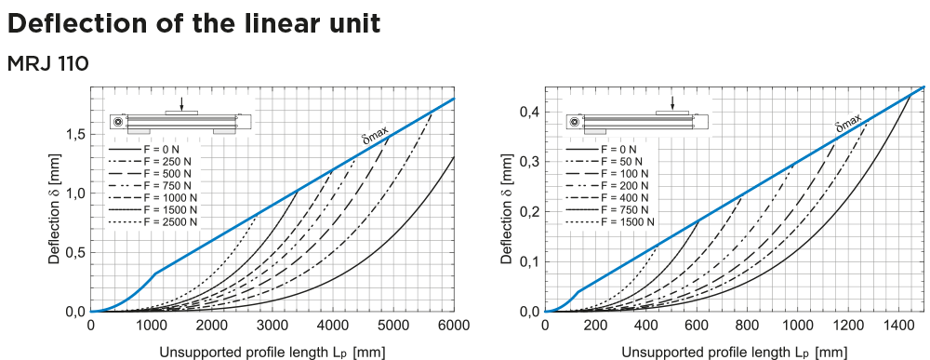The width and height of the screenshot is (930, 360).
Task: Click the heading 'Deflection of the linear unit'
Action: click(193, 23)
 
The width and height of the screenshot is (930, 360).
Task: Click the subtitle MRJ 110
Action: click(47, 64)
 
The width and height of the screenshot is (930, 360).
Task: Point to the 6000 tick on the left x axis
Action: click(453, 326)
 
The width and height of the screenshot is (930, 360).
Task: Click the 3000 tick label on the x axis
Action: click(272, 326)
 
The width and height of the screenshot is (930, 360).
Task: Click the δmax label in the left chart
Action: click(375, 136)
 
